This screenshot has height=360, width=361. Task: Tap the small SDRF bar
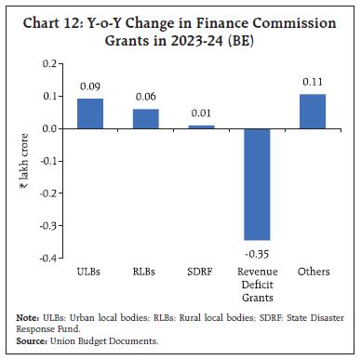click(199, 127)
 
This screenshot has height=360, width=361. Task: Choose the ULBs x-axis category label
click(90, 272)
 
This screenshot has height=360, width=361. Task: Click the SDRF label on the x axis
click(199, 272)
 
